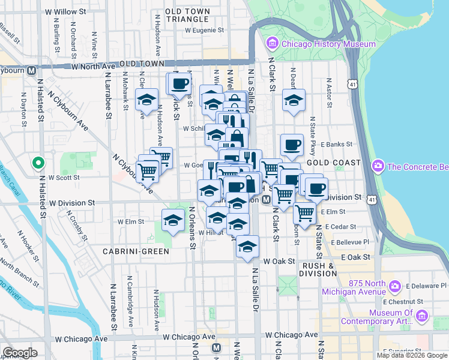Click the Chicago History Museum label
pos(328,44)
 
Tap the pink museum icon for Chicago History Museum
pos(273,44)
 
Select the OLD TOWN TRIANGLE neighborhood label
pos(187,15)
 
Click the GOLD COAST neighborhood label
pos(334,163)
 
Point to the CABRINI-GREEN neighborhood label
pos(136,251)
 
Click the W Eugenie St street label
pos(204,29)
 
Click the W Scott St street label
pos(64,178)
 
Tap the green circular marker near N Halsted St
pos(37,163)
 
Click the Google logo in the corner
pos(20,352)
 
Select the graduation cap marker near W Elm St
pos(173,219)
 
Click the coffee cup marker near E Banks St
pos(292,144)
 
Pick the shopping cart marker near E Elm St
pos(305,212)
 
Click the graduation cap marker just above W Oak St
pos(247,245)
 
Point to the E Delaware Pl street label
pos(425,286)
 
